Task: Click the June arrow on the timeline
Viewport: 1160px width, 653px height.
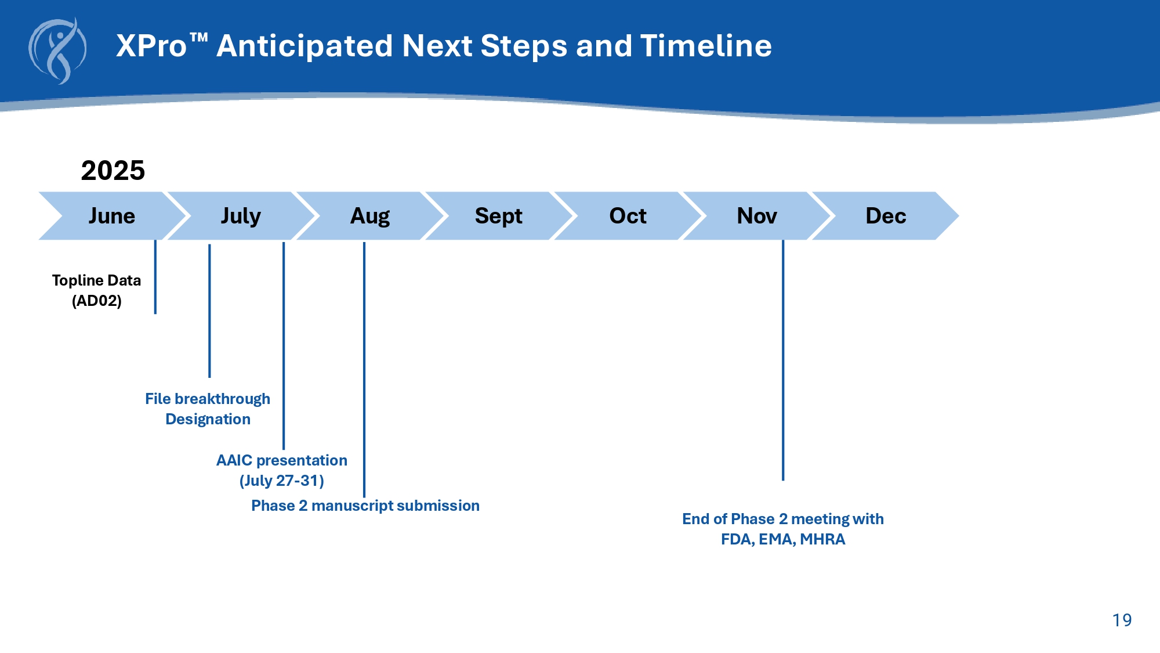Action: (x=112, y=216)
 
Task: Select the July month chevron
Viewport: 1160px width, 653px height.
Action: (x=241, y=216)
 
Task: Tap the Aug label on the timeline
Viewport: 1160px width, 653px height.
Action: (x=370, y=216)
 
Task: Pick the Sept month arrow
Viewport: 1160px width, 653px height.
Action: (x=499, y=216)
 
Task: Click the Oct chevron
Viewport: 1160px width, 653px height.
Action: (x=628, y=216)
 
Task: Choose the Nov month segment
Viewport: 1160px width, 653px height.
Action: (x=757, y=216)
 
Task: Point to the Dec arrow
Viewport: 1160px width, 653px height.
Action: (x=886, y=216)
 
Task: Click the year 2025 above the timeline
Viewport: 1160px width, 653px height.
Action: (x=113, y=171)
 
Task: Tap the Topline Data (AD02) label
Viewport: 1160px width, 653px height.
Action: (x=96, y=290)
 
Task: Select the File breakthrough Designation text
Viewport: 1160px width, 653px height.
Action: (x=208, y=409)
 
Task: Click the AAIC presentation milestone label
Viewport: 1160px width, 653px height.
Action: (x=282, y=470)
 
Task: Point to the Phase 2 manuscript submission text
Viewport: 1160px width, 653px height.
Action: (x=365, y=506)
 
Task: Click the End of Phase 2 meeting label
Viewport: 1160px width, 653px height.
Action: (x=783, y=529)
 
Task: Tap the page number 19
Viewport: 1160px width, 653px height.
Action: (x=1122, y=620)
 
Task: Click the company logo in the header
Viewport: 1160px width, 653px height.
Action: (x=57, y=51)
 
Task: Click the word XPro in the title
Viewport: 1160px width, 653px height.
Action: (x=151, y=46)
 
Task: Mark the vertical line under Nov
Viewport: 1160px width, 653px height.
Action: (x=783, y=360)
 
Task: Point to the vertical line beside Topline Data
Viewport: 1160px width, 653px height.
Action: (x=155, y=277)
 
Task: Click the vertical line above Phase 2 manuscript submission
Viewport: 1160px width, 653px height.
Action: (x=364, y=370)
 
